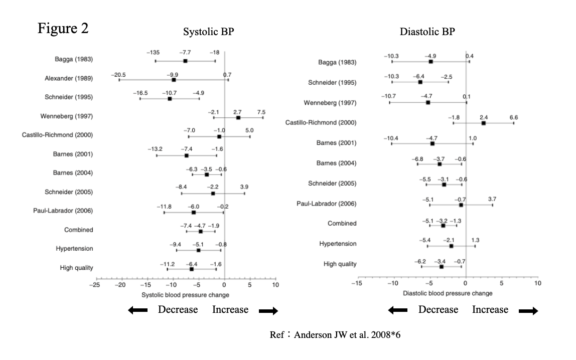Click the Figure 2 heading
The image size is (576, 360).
(x=63, y=29)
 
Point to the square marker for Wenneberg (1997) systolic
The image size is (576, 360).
(x=238, y=117)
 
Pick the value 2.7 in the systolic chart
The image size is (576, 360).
(x=237, y=112)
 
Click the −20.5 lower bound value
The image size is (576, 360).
(x=118, y=75)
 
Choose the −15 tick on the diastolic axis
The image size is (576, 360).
(x=357, y=283)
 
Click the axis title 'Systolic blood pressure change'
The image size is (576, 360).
(x=186, y=294)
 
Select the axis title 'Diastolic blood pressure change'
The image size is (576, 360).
(x=448, y=293)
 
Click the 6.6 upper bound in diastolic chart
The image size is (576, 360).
(x=514, y=117)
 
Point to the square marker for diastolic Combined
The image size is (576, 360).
(x=443, y=226)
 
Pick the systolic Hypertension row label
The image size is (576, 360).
(x=76, y=249)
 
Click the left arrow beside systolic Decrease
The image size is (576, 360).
(x=138, y=311)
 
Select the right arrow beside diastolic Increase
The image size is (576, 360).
(x=528, y=311)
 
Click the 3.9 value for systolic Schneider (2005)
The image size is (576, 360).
(x=244, y=187)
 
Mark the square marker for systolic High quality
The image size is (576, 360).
(x=192, y=269)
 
